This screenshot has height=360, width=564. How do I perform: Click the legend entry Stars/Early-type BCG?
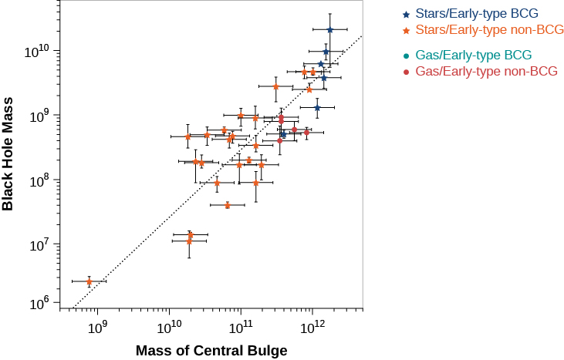tap(476, 14)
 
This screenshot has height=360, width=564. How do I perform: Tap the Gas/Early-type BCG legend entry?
tap(476, 56)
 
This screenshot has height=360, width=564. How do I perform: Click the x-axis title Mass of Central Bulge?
tap(211, 351)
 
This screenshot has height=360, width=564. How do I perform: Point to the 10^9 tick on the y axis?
tap(39, 116)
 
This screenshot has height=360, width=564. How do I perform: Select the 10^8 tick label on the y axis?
tap(39, 180)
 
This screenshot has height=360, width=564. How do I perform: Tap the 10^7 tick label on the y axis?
tap(39, 245)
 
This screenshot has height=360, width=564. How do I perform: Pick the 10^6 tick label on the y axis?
tap(39, 302)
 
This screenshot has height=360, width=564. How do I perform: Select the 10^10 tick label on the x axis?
tap(169, 328)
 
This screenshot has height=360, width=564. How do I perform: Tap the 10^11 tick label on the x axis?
tap(241, 328)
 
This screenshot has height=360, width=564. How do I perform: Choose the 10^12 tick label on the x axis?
tap(312, 328)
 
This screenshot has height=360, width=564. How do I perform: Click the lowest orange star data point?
tap(89, 281)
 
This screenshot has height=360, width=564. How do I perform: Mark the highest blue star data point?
tap(329, 30)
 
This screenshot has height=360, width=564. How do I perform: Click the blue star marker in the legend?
tap(406, 14)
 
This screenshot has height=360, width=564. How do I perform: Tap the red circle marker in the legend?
tap(406, 72)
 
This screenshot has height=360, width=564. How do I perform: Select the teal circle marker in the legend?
tap(406, 56)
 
